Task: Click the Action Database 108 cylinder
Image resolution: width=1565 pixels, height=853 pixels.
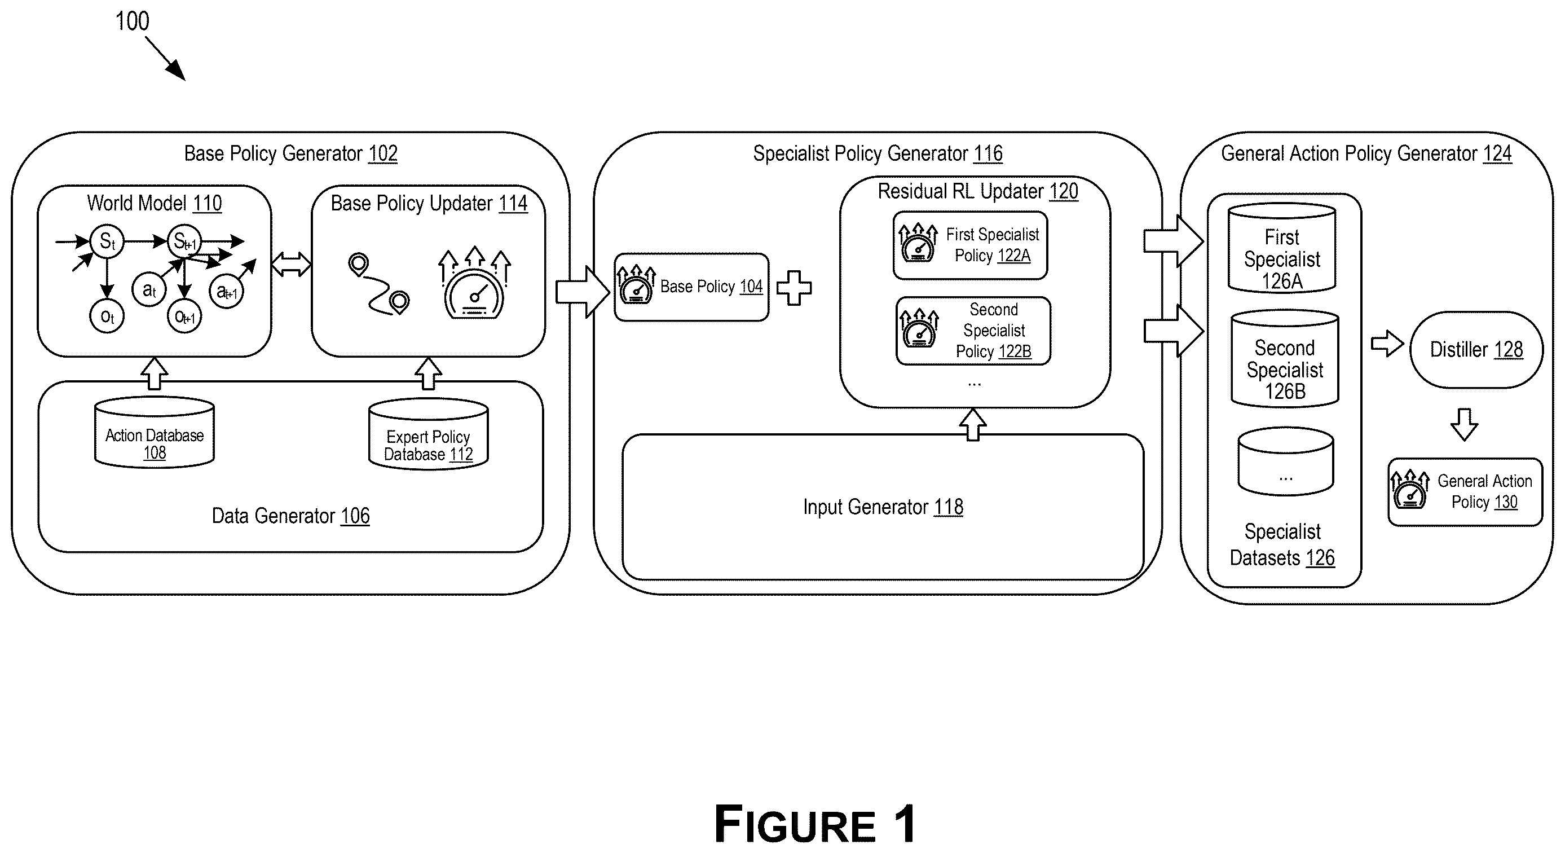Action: tap(155, 432)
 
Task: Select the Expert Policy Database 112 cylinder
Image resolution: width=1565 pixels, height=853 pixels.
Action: tap(428, 434)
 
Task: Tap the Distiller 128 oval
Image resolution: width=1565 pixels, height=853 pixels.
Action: tap(1476, 349)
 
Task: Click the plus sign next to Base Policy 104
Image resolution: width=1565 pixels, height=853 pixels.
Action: tap(794, 287)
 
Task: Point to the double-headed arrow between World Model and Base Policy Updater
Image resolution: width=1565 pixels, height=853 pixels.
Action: tap(291, 264)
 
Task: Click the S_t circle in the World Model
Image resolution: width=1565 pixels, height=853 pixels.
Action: tap(107, 241)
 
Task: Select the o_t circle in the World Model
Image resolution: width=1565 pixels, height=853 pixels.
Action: tap(107, 316)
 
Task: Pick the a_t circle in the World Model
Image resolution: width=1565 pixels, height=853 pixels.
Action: tap(149, 290)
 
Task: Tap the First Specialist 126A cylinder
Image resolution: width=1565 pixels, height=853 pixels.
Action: tap(1282, 248)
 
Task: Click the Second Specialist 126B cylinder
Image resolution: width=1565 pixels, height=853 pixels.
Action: tap(1284, 358)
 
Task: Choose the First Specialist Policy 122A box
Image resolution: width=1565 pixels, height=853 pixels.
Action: tap(970, 245)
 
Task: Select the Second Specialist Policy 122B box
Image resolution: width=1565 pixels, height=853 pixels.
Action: tap(973, 331)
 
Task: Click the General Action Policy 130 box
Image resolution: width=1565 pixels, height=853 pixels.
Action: tap(1465, 491)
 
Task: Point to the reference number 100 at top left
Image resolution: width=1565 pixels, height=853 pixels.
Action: tap(132, 21)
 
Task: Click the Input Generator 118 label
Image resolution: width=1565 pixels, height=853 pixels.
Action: tap(883, 507)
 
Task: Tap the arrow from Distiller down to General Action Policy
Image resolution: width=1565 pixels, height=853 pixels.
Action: tap(1464, 424)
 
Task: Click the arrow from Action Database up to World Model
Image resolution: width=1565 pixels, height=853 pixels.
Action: tap(155, 373)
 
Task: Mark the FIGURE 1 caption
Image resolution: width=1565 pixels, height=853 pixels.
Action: tap(815, 824)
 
